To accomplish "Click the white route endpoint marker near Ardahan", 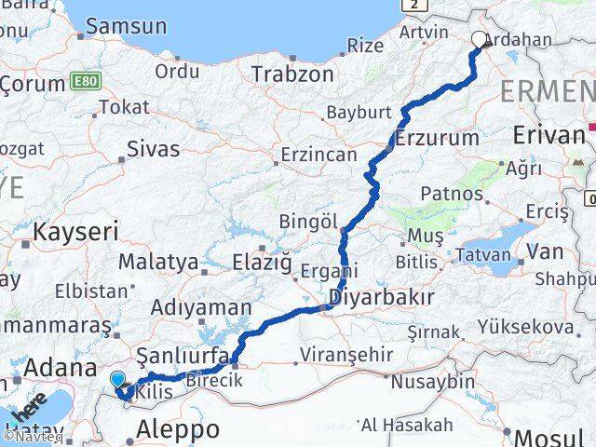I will pos(480,39).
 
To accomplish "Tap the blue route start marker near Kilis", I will pos(116,379).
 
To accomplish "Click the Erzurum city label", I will pos(436,138).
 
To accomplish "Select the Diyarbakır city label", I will pos(382,298).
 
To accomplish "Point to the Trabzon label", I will pos(291,74).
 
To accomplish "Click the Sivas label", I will pos(153,147).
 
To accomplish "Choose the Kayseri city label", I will pos(75,230).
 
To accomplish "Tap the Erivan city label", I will pos(549,136).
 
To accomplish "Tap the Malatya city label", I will pos(158,262).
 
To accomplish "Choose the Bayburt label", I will pos(359,113).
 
